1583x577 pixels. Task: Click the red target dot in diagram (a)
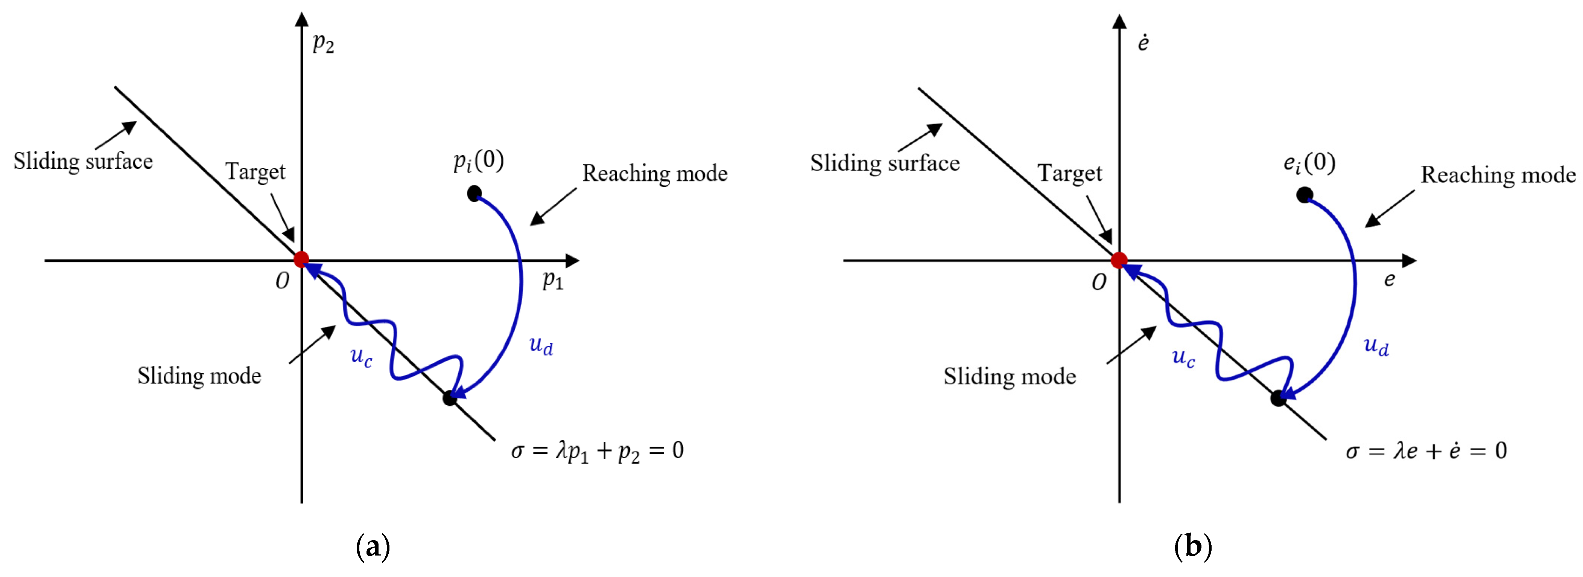click(x=301, y=259)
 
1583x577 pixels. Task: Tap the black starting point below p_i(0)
click(x=474, y=194)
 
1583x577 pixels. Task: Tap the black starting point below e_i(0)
click(x=1304, y=195)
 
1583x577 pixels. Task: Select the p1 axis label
click(x=552, y=281)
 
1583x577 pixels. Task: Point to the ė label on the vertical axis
click(x=1142, y=43)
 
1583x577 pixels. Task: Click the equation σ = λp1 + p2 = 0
click(x=597, y=451)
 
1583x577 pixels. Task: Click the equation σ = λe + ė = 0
click(x=1426, y=451)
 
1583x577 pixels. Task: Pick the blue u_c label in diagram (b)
click(x=1183, y=356)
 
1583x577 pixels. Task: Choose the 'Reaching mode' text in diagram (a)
click(x=654, y=174)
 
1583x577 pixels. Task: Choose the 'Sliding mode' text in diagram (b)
click(x=1009, y=376)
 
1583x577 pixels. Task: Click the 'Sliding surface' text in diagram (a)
click(x=83, y=161)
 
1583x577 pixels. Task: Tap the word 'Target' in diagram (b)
click(x=1069, y=174)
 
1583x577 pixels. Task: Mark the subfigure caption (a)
click(x=373, y=546)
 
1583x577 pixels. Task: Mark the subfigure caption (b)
click(x=1192, y=546)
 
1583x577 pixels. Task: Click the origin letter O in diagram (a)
click(x=282, y=281)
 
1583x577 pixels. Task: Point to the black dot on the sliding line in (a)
click(x=450, y=397)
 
